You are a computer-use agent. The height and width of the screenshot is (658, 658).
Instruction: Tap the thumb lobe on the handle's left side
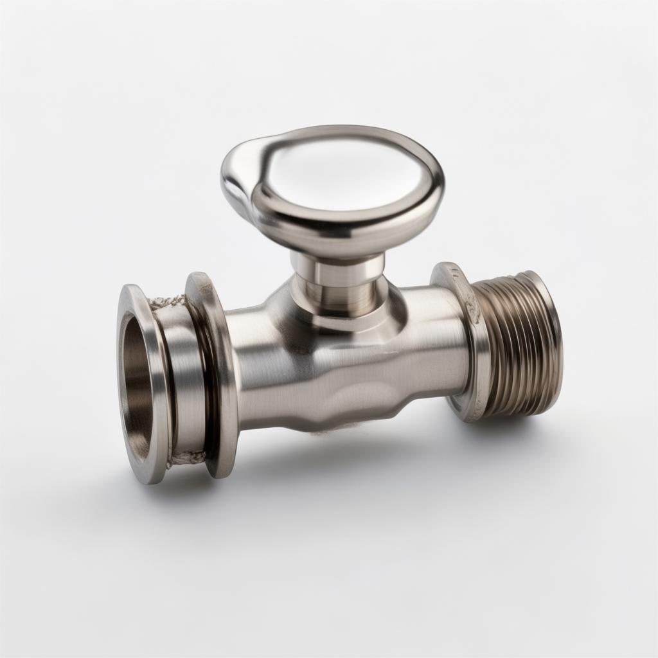[x=239, y=173]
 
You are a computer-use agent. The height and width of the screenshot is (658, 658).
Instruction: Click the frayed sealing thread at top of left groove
[x=168, y=301]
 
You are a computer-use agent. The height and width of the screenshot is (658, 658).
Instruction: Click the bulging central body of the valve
[x=321, y=373]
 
